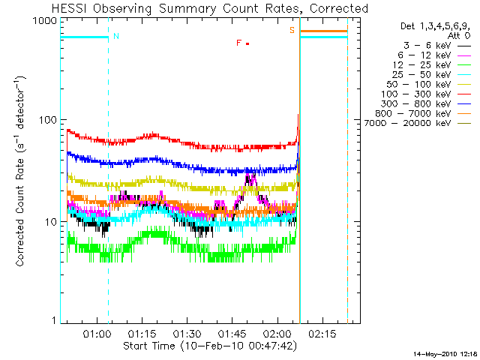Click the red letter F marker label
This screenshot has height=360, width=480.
(238, 43)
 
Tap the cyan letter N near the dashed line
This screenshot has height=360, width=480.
(115, 36)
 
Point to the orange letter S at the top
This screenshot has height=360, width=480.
(292, 30)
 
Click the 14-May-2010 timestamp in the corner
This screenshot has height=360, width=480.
(445, 353)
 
